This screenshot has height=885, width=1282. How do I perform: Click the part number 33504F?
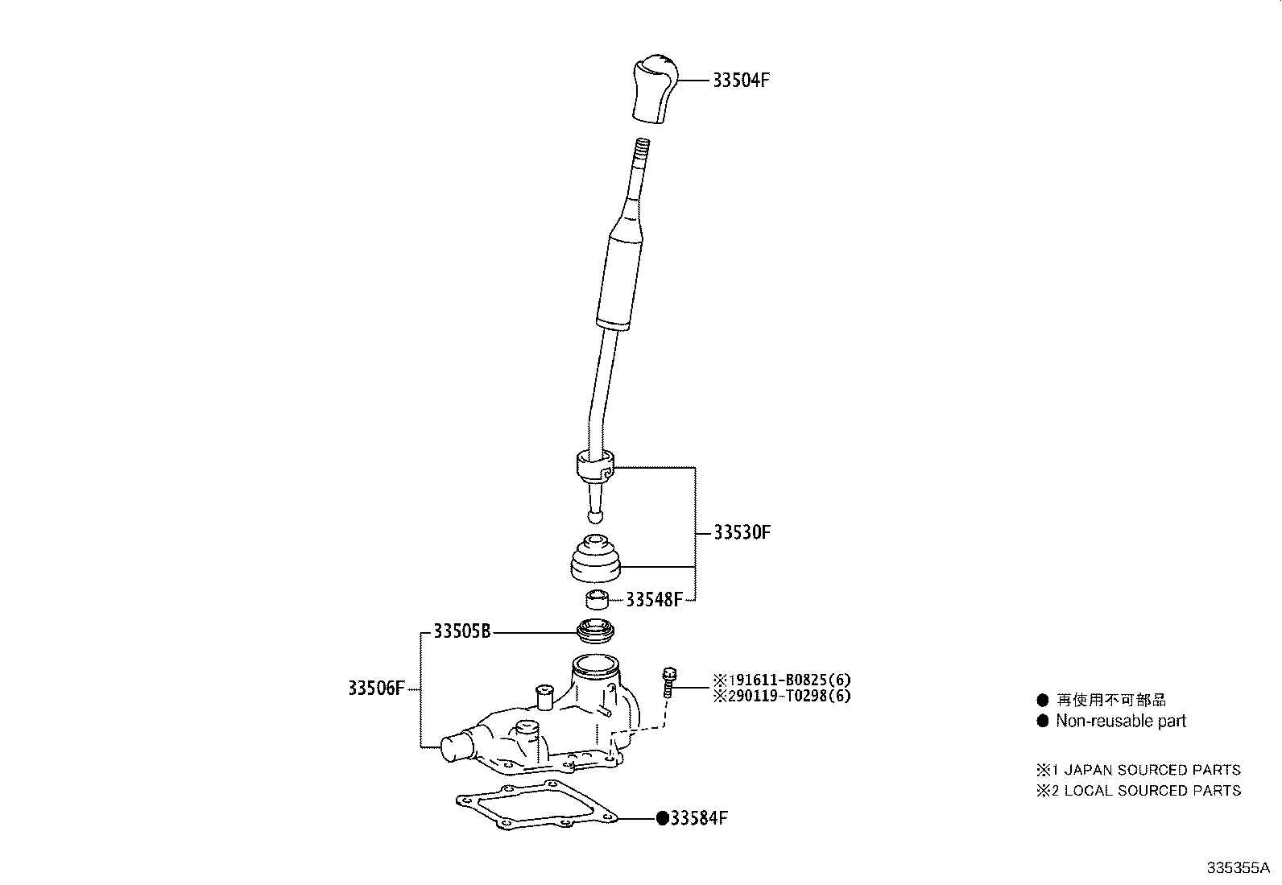(x=741, y=81)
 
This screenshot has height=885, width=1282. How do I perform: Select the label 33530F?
(x=742, y=532)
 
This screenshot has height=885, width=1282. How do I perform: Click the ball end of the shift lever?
(x=595, y=516)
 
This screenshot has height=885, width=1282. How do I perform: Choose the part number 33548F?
(x=654, y=599)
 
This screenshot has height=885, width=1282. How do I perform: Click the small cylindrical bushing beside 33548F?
(x=597, y=599)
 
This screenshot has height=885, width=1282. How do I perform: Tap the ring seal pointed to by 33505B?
(x=595, y=631)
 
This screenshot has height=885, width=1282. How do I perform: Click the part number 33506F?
(x=377, y=688)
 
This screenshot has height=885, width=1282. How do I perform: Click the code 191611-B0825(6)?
(x=782, y=680)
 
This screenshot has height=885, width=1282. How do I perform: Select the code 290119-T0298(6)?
(x=782, y=696)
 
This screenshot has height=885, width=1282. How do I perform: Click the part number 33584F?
(x=699, y=818)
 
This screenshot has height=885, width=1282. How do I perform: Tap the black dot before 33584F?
(x=663, y=819)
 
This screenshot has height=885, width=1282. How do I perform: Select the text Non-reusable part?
(x=1121, y=721)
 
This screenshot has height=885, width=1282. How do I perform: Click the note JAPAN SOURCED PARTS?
(x=1152, y=769)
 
